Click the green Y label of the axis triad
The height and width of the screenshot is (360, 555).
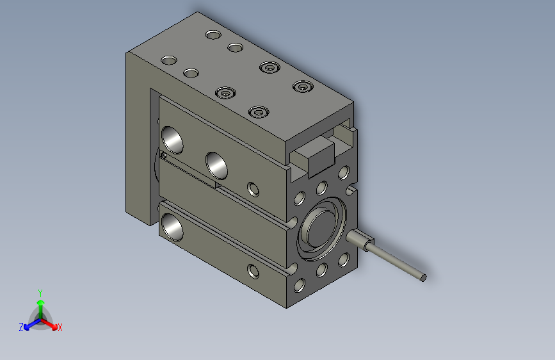pyautogui.click(x=40, y=293)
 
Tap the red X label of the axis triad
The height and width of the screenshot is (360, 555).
pyautogui.click(x=60, y=327)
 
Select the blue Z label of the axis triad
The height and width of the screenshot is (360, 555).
pyautogui.click(x=21, y=327)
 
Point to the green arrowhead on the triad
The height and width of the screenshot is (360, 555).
pyautogui.click(x=41, y=302)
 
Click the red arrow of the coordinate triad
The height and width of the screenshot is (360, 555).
pyautogui.click(x=49, y=324)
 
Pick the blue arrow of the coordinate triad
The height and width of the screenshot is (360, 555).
pyautogui.click(x=32, y=324)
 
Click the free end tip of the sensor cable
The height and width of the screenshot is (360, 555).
pyautogui.click(x=423, y=278)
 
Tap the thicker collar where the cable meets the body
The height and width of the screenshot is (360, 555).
pyautogui.click(x=360, y=239)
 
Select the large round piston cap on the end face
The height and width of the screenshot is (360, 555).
pyautogui.click(x=321, y=229)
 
